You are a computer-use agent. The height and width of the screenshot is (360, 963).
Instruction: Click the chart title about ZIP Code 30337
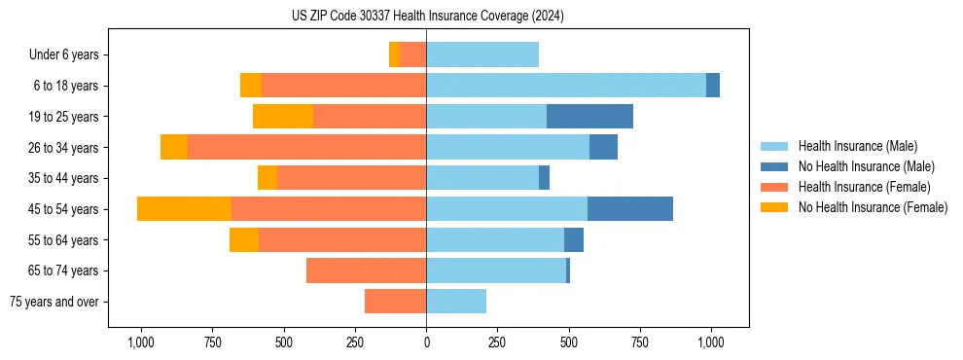pos(427,17)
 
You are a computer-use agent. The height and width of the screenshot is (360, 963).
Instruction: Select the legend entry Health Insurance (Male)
pos(857,146)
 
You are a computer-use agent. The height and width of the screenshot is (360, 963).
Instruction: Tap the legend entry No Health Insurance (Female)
pos(873,207)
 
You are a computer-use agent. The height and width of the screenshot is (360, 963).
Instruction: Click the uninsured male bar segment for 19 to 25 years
pos(589,117)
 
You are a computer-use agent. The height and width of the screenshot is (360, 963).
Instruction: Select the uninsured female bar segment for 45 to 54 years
pos(184,209)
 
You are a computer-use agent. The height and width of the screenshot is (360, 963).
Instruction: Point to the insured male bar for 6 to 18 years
pos(566,86)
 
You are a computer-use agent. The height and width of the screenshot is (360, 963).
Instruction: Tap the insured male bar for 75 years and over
pos(456,302)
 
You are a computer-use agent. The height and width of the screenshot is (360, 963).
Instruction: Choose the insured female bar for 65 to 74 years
pos(366,270)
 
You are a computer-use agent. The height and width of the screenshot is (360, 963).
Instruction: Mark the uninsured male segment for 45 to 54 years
pos(630,209)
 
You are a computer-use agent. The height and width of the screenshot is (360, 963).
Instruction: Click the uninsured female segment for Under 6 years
pos(394,54)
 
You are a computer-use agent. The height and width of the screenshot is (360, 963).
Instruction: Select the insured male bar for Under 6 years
pos(482,54)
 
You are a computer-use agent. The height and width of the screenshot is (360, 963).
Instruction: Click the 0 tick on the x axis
pos(426,342)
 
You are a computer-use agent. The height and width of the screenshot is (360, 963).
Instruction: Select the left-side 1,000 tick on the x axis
pos(141,342)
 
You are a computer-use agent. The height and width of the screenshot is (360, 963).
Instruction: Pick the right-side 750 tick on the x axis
pos(640,342)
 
